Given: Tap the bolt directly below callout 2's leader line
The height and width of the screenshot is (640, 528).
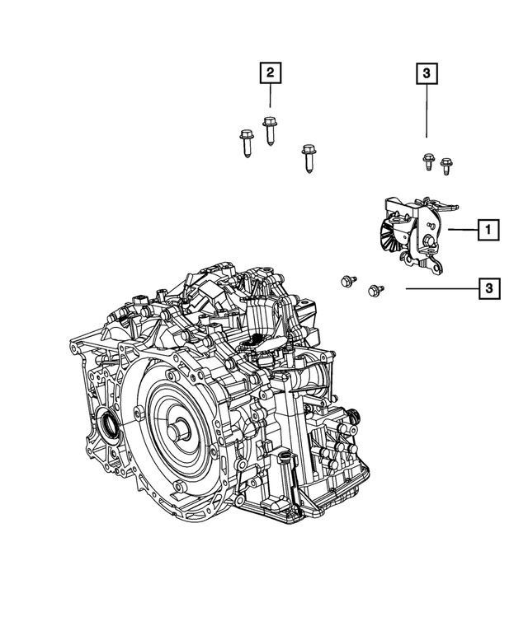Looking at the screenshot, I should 270,132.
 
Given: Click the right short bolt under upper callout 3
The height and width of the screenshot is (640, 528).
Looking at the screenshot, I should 447,165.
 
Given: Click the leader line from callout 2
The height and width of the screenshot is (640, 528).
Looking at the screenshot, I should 270,100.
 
